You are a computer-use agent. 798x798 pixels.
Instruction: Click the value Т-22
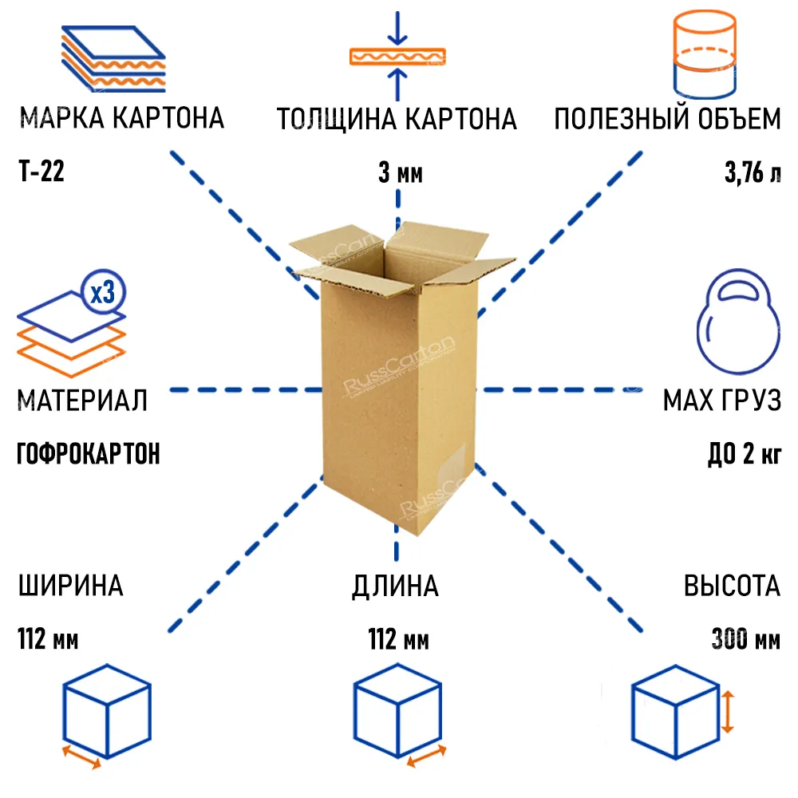click(x=41, y=171)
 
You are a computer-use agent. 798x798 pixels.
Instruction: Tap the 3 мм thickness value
click(x=401, y=173)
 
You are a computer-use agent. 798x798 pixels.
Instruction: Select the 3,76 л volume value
click(x=753, y=172)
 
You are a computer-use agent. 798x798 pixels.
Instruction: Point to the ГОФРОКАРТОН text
click(x=89, y=453)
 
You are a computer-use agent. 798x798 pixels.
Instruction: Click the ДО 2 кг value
click(x=745, y=453)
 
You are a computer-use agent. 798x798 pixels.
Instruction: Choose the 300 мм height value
click(x=745, y=638)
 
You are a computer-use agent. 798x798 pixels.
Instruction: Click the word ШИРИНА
click(x=71, y=585)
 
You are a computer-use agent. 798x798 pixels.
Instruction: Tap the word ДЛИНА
click(x=395, y=587)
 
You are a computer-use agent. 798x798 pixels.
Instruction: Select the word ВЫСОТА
click(x=732, y=585)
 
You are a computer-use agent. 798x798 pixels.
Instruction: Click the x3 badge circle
click(x=103, y=292)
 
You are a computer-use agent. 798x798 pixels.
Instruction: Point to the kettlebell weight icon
click(x=738, y=322)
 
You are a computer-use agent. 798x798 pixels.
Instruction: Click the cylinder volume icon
click(x=705, y=54)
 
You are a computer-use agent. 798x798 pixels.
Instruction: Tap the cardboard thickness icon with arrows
click(x=397, y=56)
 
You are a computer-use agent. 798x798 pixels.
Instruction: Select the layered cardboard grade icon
click(x=113, y=59)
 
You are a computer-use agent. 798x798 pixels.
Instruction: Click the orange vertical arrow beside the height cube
click(x=728, y=712)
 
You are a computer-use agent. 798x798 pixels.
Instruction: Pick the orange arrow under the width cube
click(x=81, y=757)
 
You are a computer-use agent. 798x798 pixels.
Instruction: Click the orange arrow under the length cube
click(x=426, y=757)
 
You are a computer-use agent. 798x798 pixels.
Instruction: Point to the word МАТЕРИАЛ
click(x=82, y=400)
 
